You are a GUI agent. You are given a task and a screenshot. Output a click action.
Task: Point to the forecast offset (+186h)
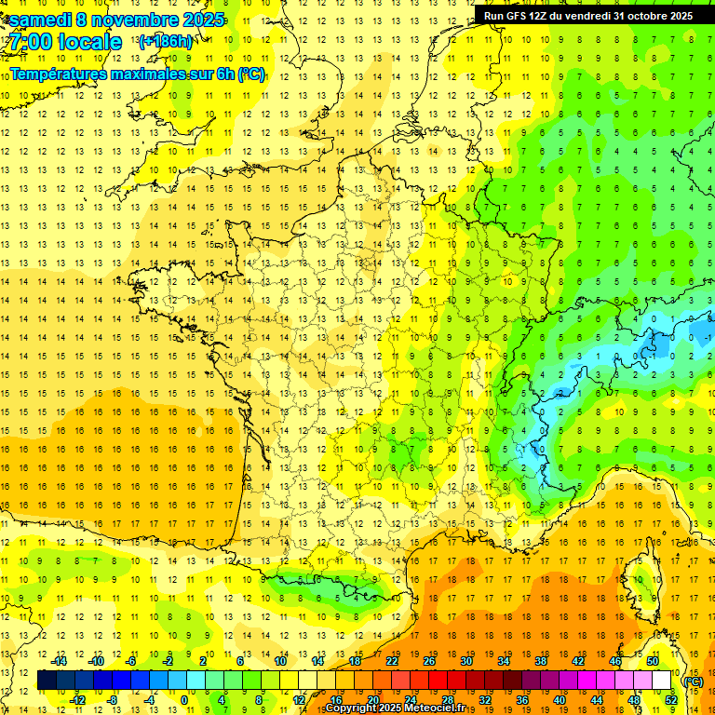166,42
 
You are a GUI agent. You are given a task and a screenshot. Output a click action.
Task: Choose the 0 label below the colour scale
183,700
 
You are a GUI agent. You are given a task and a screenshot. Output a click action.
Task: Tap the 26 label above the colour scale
429,661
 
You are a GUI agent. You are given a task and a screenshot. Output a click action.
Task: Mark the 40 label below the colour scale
560,700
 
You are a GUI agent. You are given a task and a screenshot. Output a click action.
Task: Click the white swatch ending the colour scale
662,681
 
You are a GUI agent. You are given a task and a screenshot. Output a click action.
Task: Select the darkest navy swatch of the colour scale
47,681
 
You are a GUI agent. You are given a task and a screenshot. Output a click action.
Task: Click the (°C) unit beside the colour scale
693,681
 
